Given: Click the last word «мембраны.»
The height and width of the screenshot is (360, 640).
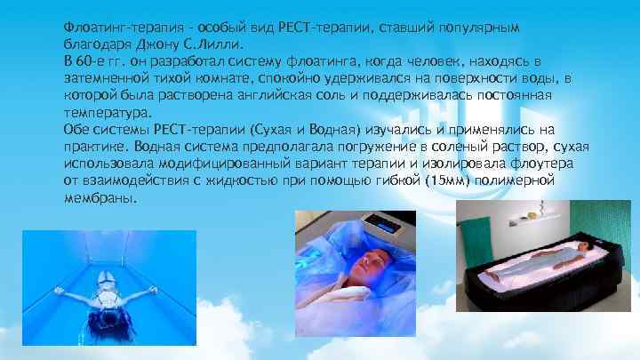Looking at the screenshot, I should point(100,198).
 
